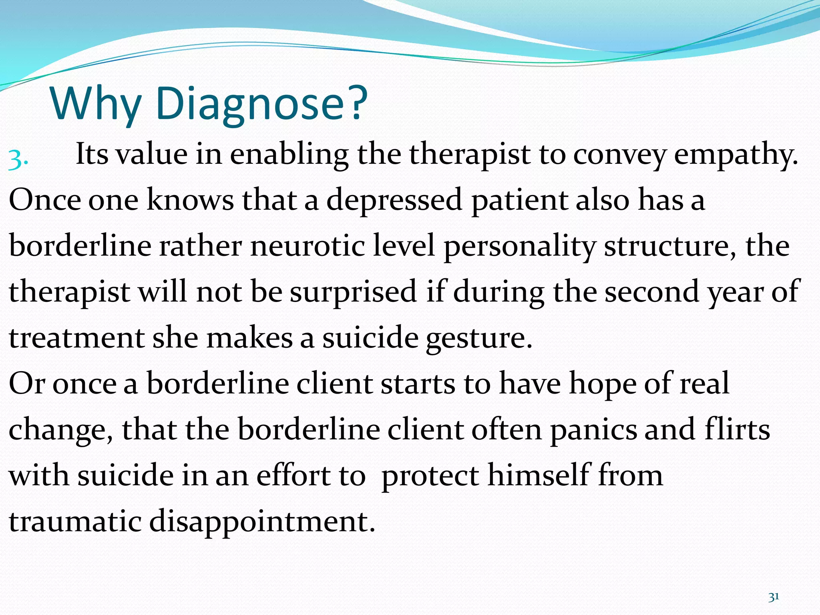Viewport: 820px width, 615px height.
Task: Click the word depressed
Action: pyautogui.click(x=394, y=201)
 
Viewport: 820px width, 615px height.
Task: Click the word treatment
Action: pyautogui.click(x=76, y=338)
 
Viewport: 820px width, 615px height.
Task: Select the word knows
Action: pyautogui.click(x=190, y=200)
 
